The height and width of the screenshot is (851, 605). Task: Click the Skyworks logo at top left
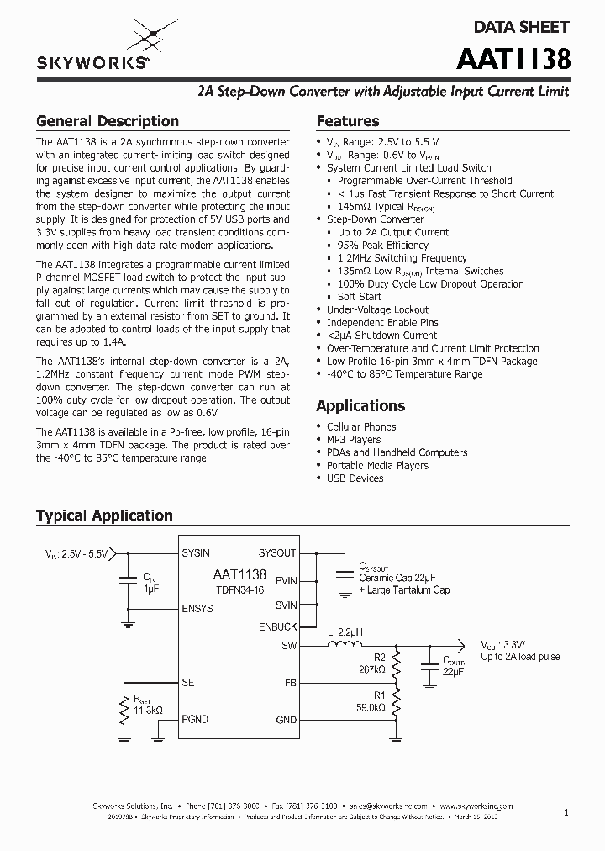(92, 47)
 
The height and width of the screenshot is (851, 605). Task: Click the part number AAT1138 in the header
(513, 60)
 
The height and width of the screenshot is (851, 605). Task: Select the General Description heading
(107, 121)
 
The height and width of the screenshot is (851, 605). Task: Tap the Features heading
(347, 121)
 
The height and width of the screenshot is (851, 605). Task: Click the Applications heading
(360, 405)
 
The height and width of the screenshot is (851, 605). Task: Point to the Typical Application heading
(104, 515)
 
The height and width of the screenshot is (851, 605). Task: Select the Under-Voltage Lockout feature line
(377, 309)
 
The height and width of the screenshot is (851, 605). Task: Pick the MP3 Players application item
(354, 440)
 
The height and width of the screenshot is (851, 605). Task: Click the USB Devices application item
(355, 478)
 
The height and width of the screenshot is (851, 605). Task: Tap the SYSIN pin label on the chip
(196, 553)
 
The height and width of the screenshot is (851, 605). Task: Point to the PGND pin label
(195, 720)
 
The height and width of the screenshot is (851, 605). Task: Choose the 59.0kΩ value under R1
(370, 709)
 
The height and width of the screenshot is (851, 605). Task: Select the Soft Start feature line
(360, 297)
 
